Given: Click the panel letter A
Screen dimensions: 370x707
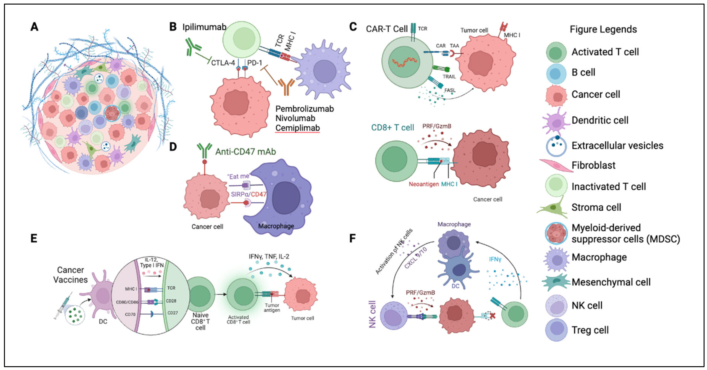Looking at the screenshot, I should (34, 27).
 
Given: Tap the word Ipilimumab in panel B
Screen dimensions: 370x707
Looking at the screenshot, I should (204, 27).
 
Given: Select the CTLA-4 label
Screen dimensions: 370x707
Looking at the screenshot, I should (223, 63).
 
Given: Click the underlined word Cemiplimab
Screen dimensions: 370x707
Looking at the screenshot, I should (297, 128).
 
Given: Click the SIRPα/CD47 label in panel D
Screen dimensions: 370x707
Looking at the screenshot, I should (248, 194).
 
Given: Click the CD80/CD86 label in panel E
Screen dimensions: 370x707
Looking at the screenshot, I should (127, 302).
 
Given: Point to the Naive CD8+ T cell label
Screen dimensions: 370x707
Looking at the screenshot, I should (200, 321).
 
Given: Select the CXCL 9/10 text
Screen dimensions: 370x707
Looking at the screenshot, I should (416, 258).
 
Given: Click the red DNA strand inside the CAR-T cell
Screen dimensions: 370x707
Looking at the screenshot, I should (404, 62).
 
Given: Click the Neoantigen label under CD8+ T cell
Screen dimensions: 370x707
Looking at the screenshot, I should (424, 184).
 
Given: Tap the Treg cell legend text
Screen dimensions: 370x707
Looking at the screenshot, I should (590, 330).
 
